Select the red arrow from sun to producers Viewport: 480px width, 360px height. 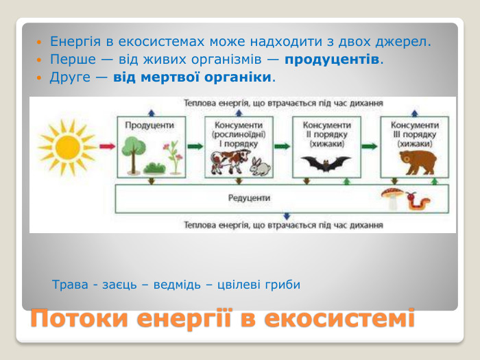[x=106, y=146]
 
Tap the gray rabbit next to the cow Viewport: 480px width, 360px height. [x=258, y=165]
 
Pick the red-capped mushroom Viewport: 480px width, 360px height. [x=392, y=197]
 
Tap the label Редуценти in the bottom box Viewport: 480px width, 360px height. [x=249, y=197]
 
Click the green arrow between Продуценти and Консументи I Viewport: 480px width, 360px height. [x=194, y=146]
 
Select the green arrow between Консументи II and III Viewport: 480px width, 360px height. [x=370, y=146]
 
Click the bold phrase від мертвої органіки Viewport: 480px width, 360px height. [x=192, y=76]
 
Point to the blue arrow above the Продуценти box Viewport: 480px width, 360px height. [x=151, y=111]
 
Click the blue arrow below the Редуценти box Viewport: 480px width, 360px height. [x=287, y=218]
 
